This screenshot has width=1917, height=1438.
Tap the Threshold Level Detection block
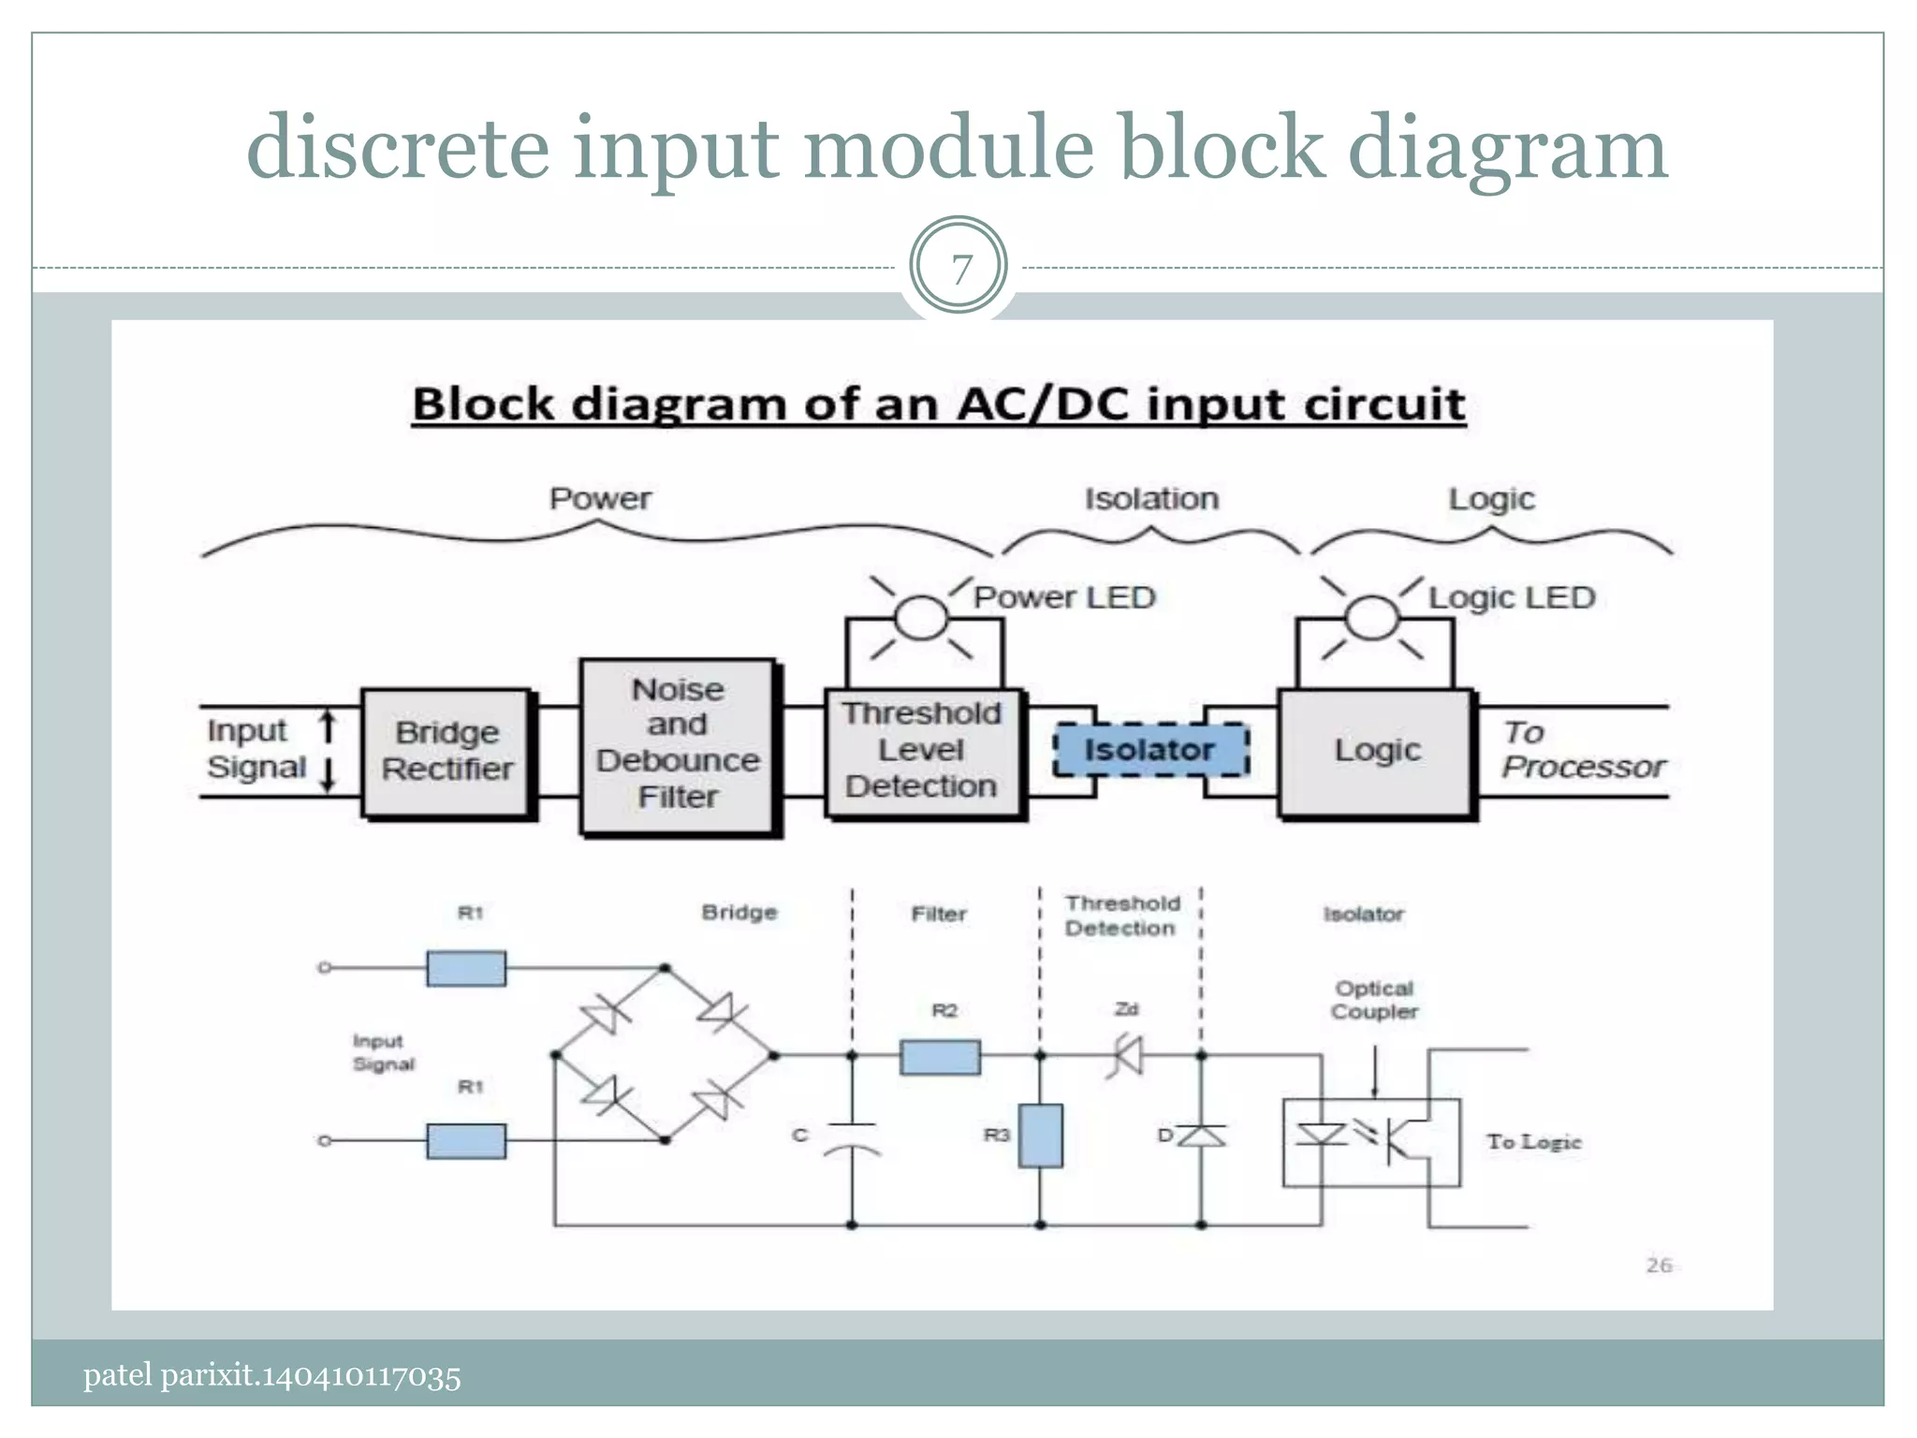(x=922, y=752)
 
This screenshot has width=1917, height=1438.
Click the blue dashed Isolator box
(x=1150, y=750)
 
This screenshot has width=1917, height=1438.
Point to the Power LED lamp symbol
(x=922, y=618)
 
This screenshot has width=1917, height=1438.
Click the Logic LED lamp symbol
(x=1372, y=618)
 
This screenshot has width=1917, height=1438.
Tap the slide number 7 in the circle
(x=959, y=270)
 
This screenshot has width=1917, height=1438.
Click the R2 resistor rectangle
(x=940, y=1057)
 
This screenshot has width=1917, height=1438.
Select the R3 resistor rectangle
(x=1040, y=1135)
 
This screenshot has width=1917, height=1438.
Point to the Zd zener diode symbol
(x=1127, y=1056)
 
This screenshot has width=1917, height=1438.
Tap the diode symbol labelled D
(x=1201, y=1136)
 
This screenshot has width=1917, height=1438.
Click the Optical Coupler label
(x=1374, y=1000)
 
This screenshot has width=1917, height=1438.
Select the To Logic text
(x=1533, y=1142)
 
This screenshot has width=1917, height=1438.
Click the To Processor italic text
(x=1582, y=750)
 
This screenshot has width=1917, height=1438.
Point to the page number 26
(x=1659, y=1265)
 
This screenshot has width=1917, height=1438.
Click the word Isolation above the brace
(x=1151, y=499)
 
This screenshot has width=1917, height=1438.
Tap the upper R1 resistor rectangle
(x=466, y=968)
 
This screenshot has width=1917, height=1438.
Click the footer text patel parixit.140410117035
(x=271, y=1376)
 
